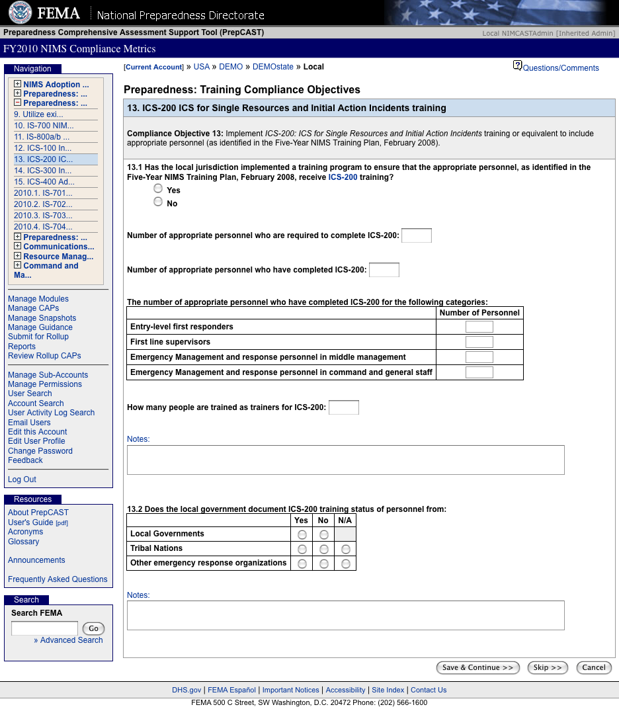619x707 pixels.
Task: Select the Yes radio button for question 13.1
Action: point(158,188)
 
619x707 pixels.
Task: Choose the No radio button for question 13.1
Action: point(158,202)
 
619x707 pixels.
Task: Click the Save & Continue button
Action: point(478,668)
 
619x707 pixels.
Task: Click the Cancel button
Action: point(594,668)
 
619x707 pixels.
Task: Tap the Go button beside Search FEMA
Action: point(93,629)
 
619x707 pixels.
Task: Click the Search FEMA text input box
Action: point(45,628)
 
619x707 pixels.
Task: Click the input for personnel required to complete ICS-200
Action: point(417,235)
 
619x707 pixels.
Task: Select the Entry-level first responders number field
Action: point(479,327)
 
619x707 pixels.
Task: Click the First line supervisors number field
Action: point(479,342)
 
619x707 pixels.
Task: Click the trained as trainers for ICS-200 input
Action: point(344,407)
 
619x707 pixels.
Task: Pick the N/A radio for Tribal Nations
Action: point(346,549)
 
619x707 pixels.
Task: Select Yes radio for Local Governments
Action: point(302,534)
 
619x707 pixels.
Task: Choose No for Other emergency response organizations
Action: point(324,563)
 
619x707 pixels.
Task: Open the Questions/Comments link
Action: point(560,68)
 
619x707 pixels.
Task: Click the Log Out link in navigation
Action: point(22,479)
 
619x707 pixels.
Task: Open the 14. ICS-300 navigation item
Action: point(43,171)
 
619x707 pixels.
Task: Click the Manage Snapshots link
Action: point(42,318)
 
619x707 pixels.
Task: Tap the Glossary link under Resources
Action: point(23,542)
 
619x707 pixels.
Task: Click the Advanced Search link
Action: point(71,640)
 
